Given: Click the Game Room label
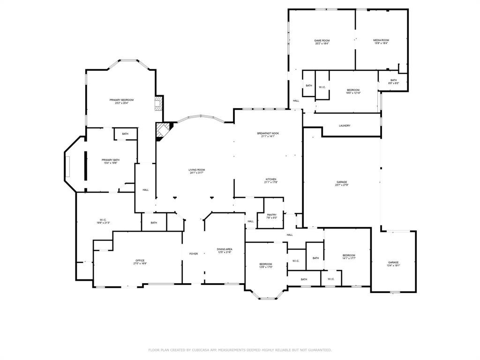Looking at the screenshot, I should pos(322,41).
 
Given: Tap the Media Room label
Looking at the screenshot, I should pos(381,40).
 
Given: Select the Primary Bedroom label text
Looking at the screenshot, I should pos(121,100).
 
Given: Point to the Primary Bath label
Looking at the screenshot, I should pos(111,160).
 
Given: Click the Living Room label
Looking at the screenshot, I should pos(197,170).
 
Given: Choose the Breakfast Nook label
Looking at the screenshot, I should pos(268,134).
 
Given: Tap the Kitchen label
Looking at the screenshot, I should pos(271,179).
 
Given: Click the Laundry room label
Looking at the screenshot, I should pos(345,126).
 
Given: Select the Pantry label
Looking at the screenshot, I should pos(271,215).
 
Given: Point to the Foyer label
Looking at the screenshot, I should pos(194,254).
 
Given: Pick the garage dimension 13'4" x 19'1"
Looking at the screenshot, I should pos(393,265).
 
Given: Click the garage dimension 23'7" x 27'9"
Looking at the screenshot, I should pos(341,185).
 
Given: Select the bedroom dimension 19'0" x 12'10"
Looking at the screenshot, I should pos(353,93).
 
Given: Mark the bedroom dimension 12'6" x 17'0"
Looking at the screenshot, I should pos(266,267).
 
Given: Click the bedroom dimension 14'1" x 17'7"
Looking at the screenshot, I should pos(349,258).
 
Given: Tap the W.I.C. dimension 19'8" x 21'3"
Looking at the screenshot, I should pos(103,223).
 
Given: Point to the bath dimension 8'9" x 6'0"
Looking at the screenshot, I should pos(394,83).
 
